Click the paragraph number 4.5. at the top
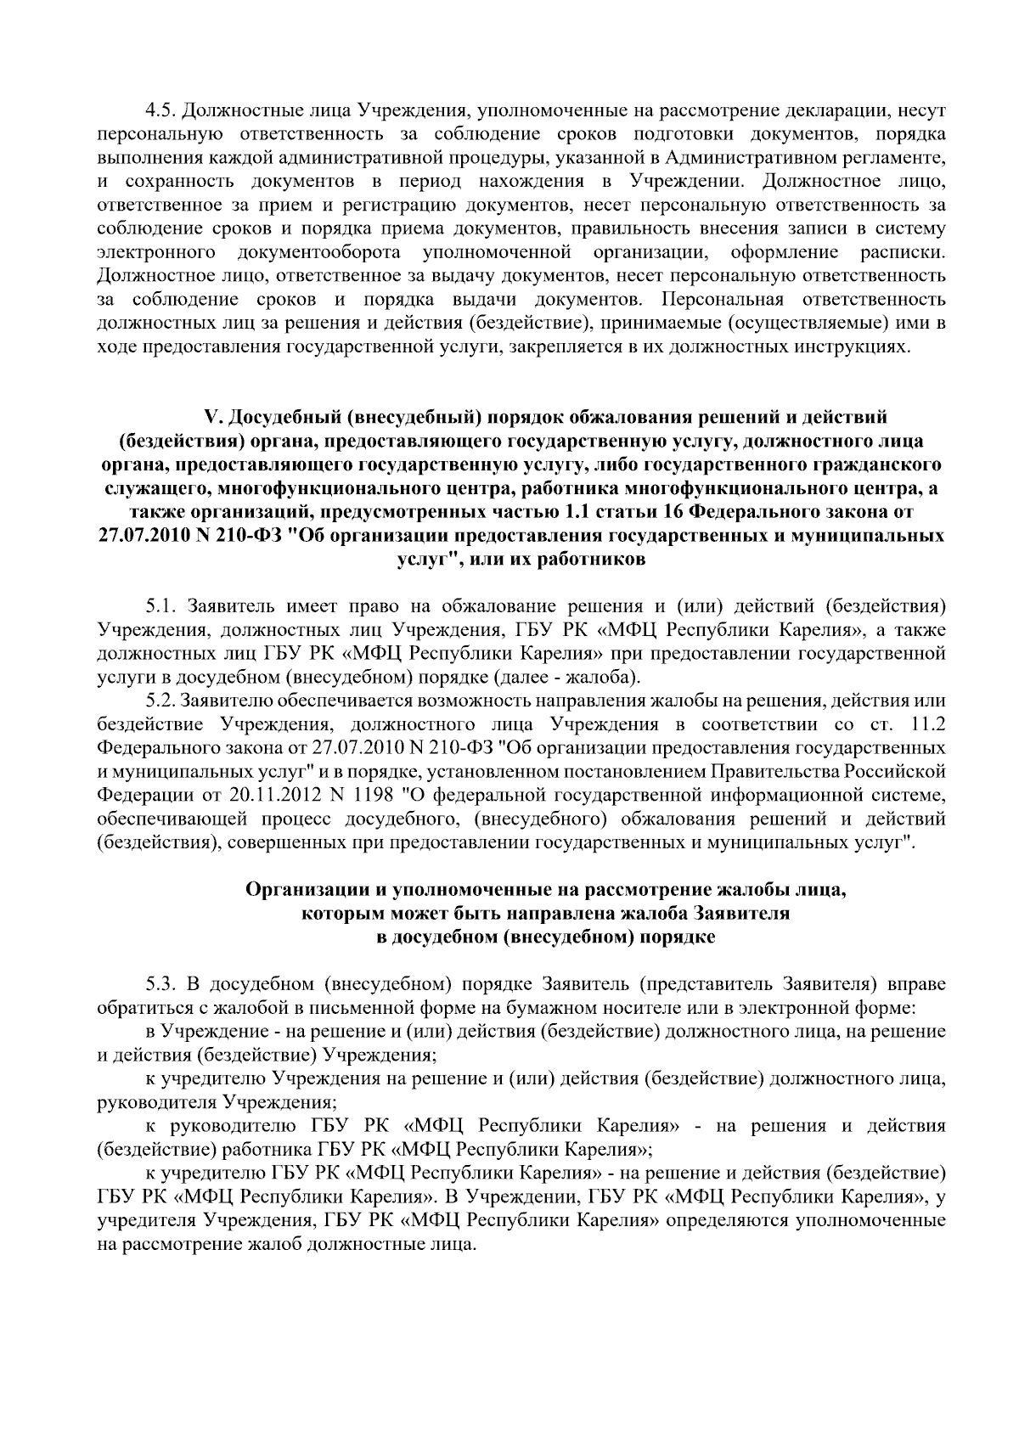click(x=160, y=111)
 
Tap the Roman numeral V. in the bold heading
click(x=212, y=417)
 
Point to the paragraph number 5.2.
click(x=160, y=701)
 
